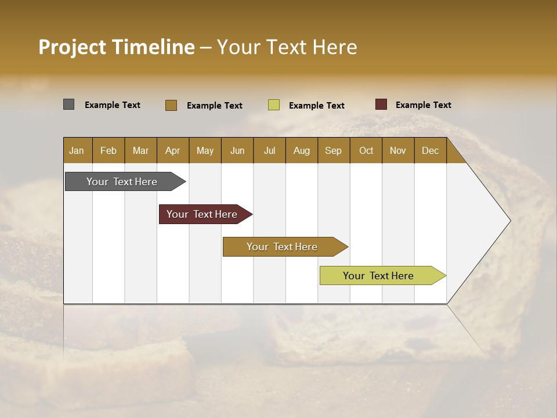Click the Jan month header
[x=77, y=150]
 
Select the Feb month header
[x=108, y=150]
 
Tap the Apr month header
[x=172, y=150]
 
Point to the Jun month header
[x=237, y=150]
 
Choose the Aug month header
[x=301, y=150]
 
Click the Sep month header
[x=333, y=150]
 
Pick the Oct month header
[x=366, y=150]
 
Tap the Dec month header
[x=430, y=150]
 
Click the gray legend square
[x=68, y=105]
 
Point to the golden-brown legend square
[x=171, y=105]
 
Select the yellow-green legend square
[x=273, y=105]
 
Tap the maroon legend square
[x=381, y=105]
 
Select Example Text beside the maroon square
[x=423, y=105]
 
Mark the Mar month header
[x=140, y=150]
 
